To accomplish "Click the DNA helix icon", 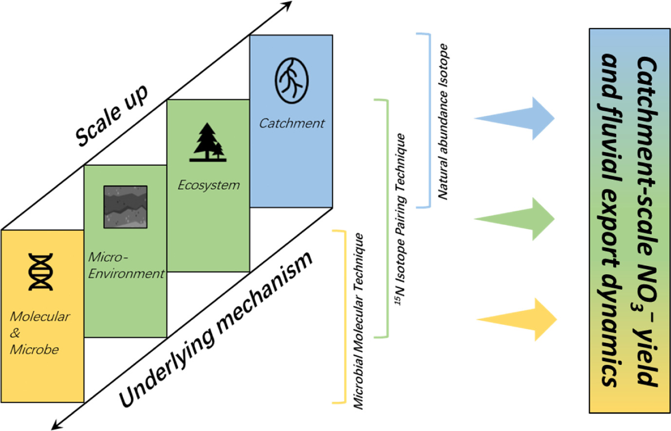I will click(x=40, y=272).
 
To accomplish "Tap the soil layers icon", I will click(x=125, y=207).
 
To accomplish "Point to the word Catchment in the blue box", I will click(x=291, y=124).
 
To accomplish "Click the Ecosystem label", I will click(x=208, y=185).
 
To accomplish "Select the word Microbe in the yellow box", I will click(x=34, y=349).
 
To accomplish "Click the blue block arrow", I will click(x=516, y=118).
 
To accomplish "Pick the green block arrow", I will click(x=516, y=219).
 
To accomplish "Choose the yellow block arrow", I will click(x=517, y=319).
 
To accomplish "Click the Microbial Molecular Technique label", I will click(x=359, y=321).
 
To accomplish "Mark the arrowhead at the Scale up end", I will click(x=287, y=5).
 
